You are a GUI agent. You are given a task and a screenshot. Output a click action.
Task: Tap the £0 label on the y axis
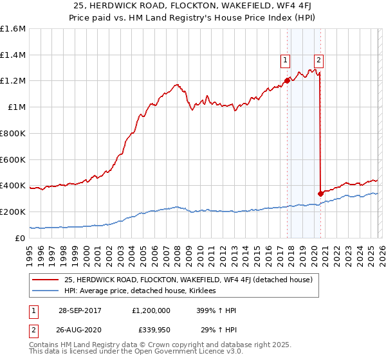tap(19, 238)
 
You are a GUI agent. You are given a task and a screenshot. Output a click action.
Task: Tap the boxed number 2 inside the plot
tap(319, 61)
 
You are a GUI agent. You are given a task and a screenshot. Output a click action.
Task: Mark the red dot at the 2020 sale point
tap(320, 194)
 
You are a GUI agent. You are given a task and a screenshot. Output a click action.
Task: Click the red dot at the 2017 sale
tap(287, 81)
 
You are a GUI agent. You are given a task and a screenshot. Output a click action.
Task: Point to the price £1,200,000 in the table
tap(151, 310)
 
